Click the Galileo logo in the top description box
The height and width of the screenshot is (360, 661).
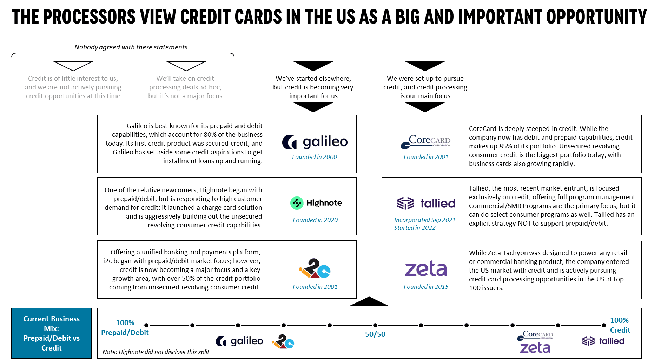(315, 142)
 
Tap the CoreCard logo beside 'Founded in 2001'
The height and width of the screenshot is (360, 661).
(425, 142)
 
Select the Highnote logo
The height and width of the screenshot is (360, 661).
(316, 203)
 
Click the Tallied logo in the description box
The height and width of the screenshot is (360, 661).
(425, 203)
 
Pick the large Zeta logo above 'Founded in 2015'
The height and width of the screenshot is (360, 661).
(425, 268)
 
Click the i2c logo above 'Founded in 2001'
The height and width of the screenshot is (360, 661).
(315, 268)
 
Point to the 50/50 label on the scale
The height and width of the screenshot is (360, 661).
(375, 334)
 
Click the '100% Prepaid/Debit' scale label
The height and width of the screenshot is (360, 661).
(125, 327)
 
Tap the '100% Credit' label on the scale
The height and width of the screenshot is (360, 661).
(620, 325)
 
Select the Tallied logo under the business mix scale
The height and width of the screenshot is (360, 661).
(603, 341)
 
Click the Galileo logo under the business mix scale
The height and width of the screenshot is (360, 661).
(239, 341)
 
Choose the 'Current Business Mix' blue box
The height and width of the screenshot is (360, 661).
(52, 333)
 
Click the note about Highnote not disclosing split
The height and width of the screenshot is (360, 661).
(156, 352)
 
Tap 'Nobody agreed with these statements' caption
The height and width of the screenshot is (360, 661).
(131, 47)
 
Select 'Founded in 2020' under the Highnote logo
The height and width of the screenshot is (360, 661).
(315, 220)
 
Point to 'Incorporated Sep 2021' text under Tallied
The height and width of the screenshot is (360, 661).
(425, 220)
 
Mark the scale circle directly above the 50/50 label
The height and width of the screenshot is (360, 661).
(375, 325)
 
